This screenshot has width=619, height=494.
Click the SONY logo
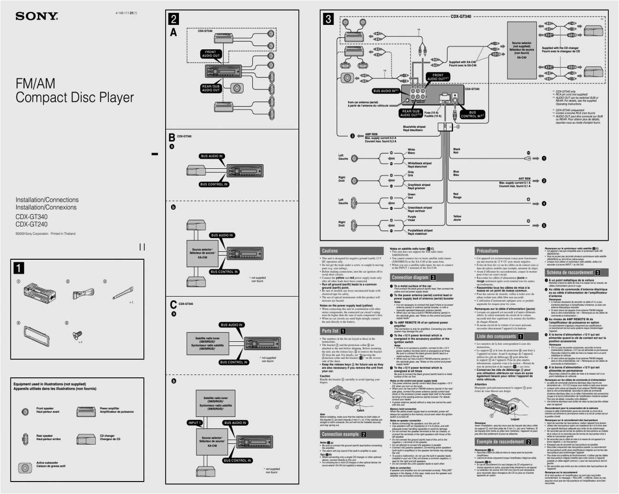pos(36,16)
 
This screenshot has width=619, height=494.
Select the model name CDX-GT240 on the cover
pos(31,224)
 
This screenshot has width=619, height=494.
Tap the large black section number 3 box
pos(328,19)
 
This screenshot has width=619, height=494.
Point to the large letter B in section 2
pos(172,137)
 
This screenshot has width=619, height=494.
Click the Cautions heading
pos(330,251)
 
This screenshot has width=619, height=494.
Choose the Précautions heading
pos(487,251)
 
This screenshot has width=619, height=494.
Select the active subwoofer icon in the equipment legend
pos(24,468)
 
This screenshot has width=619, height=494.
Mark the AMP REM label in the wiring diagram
pos(371,134)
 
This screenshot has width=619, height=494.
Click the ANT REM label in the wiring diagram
pos(524,179)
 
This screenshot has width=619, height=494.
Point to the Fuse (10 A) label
pos(431,113)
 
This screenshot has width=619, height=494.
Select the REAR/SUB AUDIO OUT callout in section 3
pos(410,113)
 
